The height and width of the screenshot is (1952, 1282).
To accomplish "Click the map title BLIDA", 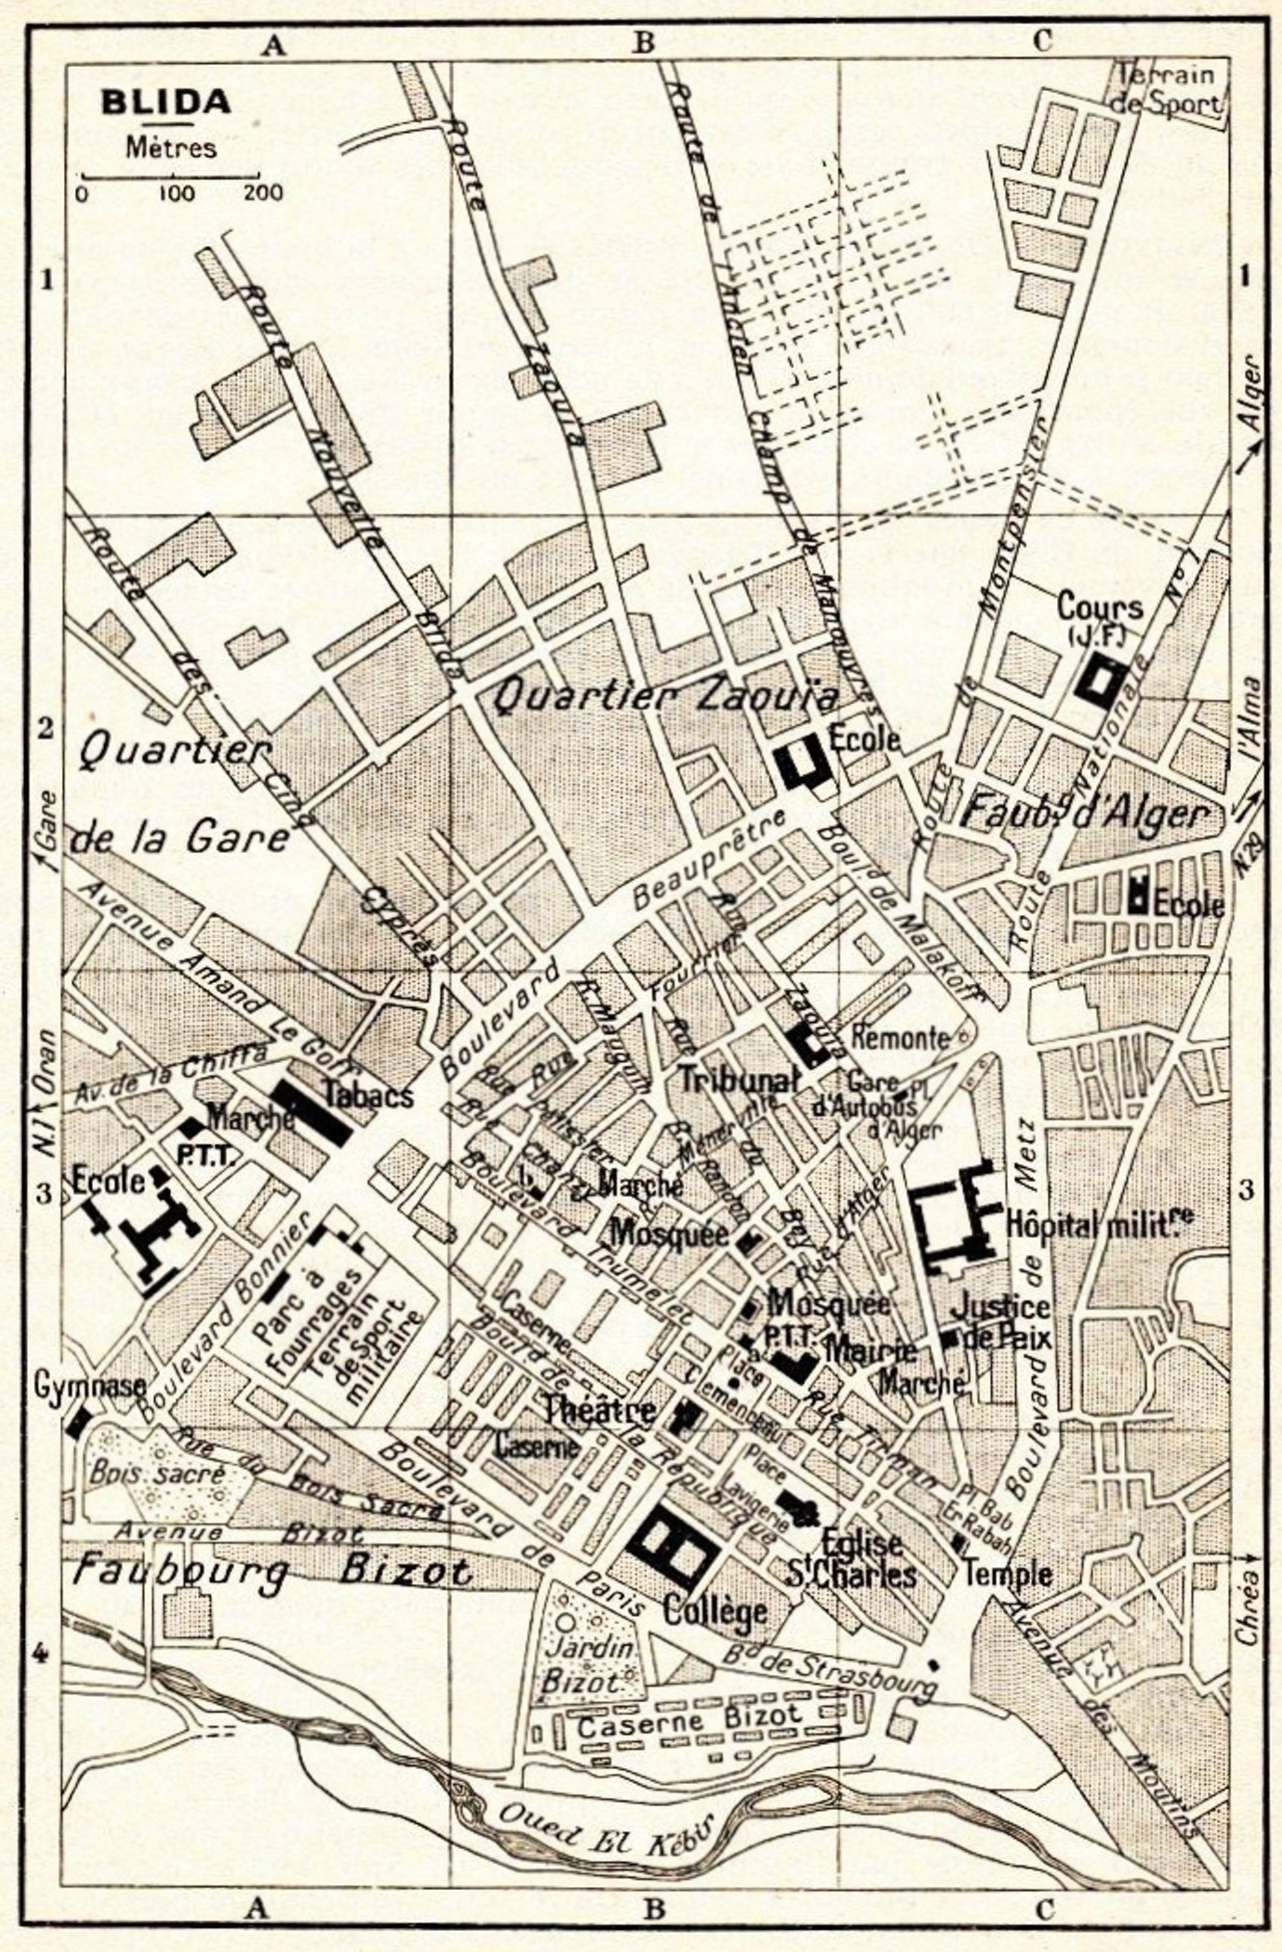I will click(166, 102).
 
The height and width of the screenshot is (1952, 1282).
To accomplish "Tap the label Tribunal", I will click(738, 1080).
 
